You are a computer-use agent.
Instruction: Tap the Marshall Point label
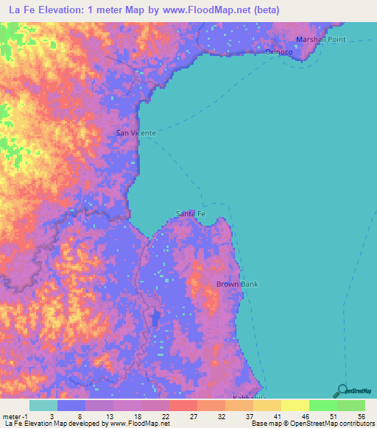click(320, 40)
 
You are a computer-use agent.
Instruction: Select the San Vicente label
click(136, 133)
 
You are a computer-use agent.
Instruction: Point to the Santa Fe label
click(191, 213)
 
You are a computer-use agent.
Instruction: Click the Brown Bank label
click(236, 284)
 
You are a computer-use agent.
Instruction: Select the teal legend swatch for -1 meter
click(43, 405)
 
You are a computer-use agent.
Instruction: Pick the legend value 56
click(361, 415)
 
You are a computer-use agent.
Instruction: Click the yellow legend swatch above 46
click(294, 405)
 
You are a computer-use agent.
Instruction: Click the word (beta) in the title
click(264, 10)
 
